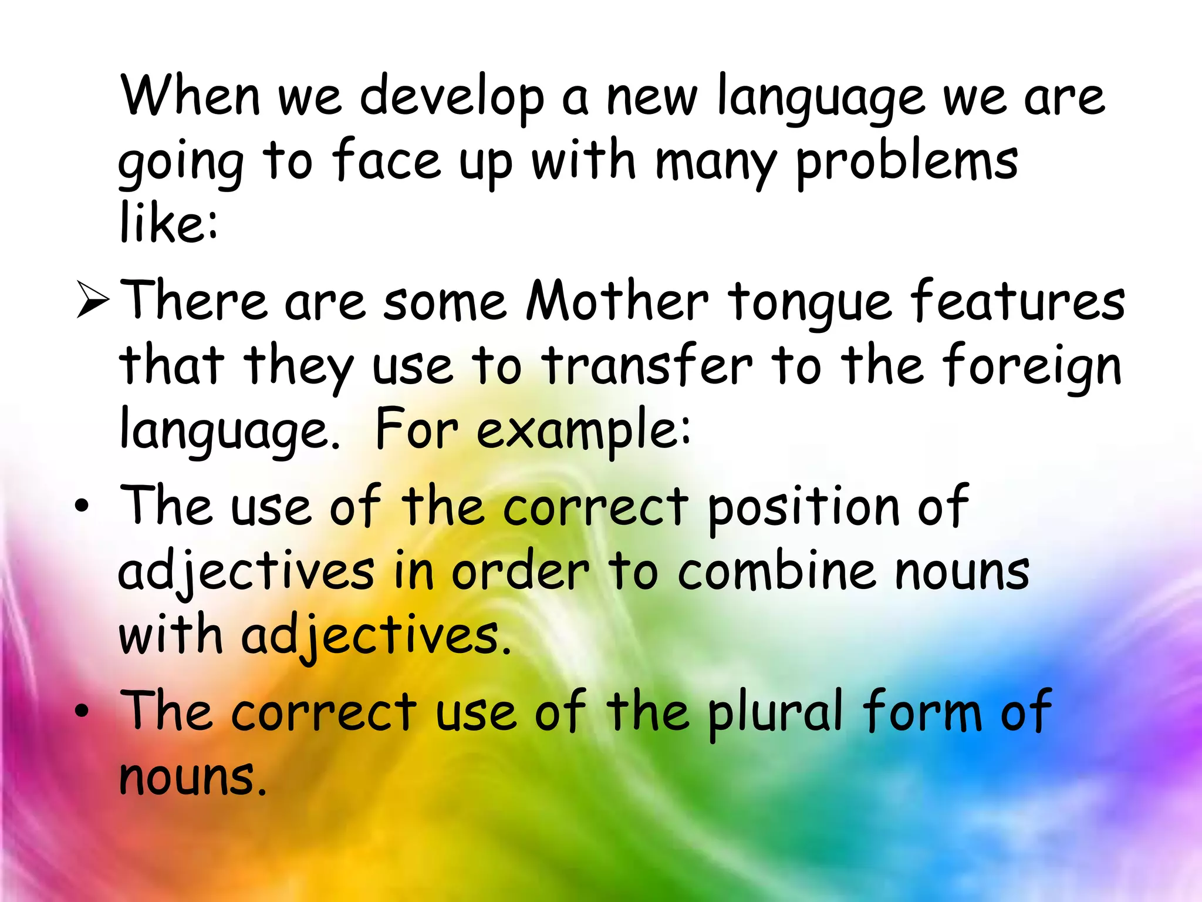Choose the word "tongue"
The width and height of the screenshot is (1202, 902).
[x=811, y=302]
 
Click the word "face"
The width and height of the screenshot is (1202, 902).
[x=387, y=160]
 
